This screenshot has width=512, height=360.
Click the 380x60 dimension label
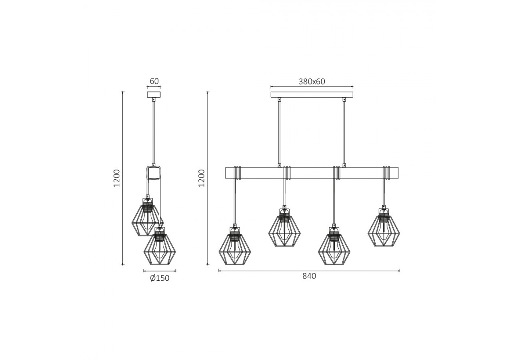coord(312,82)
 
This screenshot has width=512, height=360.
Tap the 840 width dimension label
coord(309,276)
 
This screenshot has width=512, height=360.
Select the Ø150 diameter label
coord(160,278)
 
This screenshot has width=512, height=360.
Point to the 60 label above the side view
coord(154,81)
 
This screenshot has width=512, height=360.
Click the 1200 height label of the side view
coord(117,178)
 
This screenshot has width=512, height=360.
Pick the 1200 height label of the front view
coord(202,178)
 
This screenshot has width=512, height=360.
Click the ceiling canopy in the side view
coord(154,95)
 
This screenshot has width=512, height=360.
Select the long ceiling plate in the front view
coord(312,95)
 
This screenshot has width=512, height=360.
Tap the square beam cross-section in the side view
coord(154,174)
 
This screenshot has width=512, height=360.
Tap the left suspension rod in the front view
coord(279,132)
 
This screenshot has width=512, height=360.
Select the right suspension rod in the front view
coord(344,132)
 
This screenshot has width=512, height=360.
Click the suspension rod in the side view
coord(154,132)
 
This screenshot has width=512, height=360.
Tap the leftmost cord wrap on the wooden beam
coord(237,172)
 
